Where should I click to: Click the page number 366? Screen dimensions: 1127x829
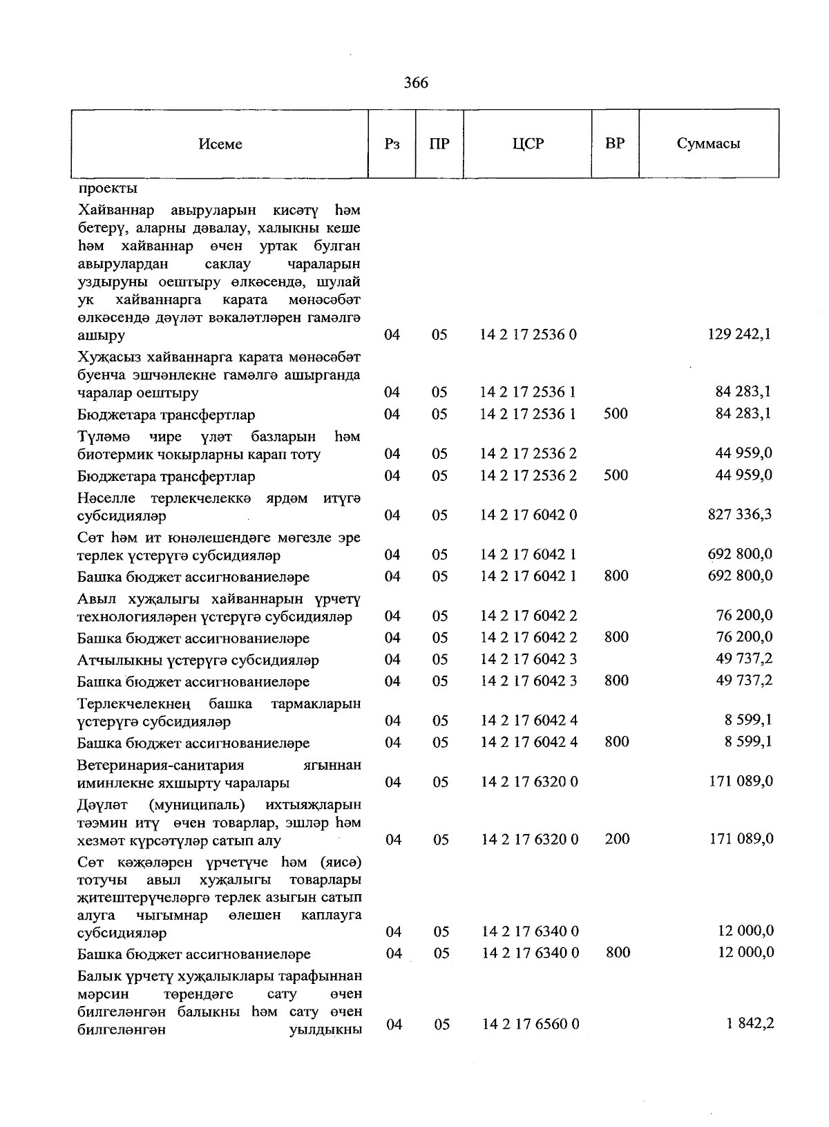[416, 83]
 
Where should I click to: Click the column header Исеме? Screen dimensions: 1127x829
[220, 144]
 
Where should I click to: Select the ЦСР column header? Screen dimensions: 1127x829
[528, 144]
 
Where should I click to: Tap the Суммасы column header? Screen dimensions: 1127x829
[708, 144]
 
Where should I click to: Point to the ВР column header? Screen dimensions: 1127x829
[615, 144]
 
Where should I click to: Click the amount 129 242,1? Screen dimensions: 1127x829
[740, 334]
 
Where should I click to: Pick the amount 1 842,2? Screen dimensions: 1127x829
[750, 1023]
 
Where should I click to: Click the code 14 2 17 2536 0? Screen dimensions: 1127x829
[528, 335]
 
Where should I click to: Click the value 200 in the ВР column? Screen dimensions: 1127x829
[617, 839]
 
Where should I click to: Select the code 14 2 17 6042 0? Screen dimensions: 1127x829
[528, 515]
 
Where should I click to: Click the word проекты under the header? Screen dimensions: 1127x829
[107, 188]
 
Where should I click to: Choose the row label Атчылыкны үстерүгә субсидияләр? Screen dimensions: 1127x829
[198, 661]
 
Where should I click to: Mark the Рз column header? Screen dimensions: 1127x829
[392, 144]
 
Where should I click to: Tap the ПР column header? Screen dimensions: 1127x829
[439, 144]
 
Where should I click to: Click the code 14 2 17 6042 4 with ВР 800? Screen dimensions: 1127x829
[528, 743]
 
